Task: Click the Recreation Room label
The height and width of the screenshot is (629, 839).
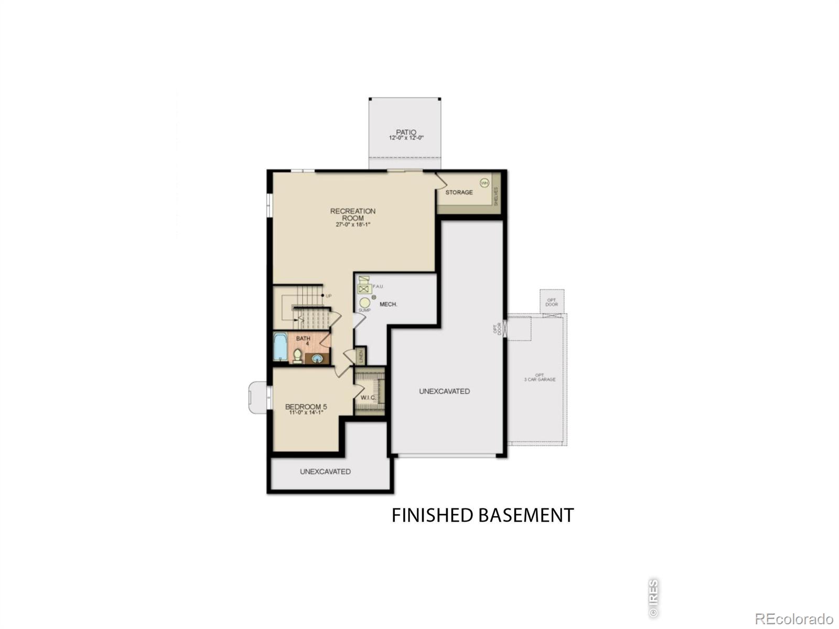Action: [352, 214]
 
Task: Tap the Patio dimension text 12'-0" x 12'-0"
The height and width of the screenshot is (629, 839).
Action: [406, 138]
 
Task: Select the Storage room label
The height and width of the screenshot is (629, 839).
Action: [459, 192]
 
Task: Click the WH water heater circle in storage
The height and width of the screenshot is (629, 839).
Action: [485, 183]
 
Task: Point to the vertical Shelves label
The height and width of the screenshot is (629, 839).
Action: [496, 196]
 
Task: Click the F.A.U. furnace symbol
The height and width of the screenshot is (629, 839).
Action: [364, 286]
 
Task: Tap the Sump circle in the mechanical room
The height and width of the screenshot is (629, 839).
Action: [364, 303]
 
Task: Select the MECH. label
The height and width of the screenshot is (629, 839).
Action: [388, 304]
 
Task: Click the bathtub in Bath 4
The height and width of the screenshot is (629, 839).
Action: [280, 346]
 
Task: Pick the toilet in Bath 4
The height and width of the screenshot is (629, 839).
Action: [297, 356]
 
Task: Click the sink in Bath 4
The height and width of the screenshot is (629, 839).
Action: [317, 359]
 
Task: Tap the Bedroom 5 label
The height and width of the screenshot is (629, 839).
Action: [306, 407]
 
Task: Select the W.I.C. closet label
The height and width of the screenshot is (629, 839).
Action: [368, 397]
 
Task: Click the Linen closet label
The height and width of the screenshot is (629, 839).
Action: [361, 356]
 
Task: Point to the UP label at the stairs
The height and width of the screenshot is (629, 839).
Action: [329, 296]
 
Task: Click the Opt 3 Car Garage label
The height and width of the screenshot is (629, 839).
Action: [539, 377]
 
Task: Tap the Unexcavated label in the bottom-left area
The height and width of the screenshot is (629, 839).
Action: [325, 471]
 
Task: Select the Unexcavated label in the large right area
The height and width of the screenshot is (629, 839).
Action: [444, 391]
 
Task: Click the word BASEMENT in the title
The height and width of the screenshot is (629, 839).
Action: [526, 515]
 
